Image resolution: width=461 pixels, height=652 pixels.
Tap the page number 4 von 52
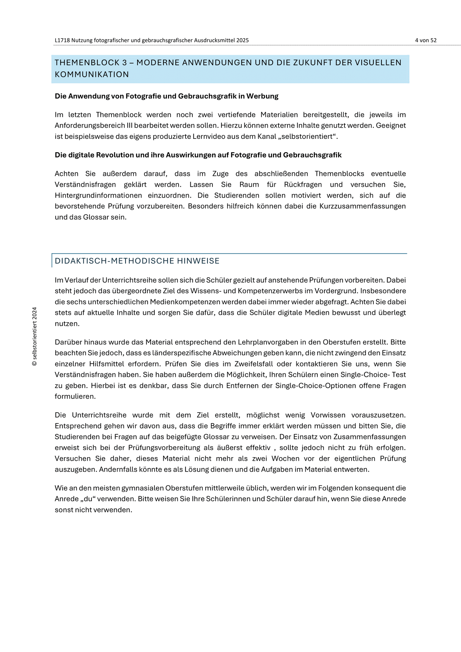pyautogui.click(x=426, y=40)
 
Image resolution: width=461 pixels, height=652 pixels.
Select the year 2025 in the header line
pyautogui.click(x=243, y=40)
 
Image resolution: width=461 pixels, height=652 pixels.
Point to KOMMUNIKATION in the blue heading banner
pyautogui.click(x=92, y=74)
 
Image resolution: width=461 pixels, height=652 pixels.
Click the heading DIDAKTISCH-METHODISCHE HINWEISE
pyautogui.click(x=137, y=261)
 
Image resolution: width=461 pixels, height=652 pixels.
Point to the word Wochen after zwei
pyautogui.click(x=286, y=458)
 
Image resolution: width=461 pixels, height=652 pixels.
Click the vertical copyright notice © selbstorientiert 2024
pyautogui.click(x=34, y=337)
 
